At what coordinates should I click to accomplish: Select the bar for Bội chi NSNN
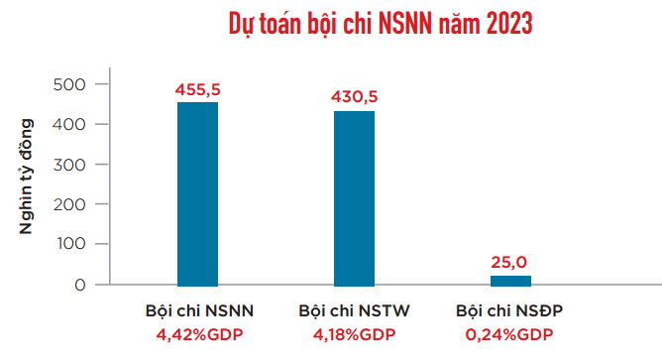click(x=197, y=193)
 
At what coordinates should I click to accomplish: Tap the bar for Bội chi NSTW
click(x=354, y=198)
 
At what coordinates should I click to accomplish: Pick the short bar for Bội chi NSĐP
click(x=510, y=281)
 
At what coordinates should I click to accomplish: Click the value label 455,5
click(x=197, y=89)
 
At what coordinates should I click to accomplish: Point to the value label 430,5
click(x=354, y=97)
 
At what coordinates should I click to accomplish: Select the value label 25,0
click(x=510, y=263)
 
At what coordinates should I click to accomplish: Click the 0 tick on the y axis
click(x=76, y=286)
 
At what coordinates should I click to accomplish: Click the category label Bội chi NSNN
click(x=199, y=311)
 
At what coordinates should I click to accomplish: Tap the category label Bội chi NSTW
click(x=354, y=311)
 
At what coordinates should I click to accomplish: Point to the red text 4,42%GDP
click(x=199, y=334)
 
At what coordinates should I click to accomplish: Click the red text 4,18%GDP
click(x=354, y=334)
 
